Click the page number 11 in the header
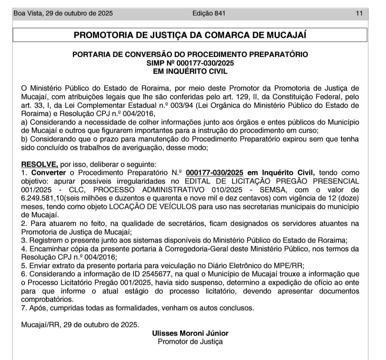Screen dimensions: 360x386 tap(359, 14)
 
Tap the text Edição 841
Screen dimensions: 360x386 tap(209, 14)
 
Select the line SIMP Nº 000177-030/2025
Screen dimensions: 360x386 tap(190, 63)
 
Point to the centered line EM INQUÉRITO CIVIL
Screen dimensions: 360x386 tap(190, 71)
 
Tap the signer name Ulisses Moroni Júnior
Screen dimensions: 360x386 tap(190, 333)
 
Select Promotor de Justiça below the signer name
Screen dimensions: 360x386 tap(190, 341)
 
